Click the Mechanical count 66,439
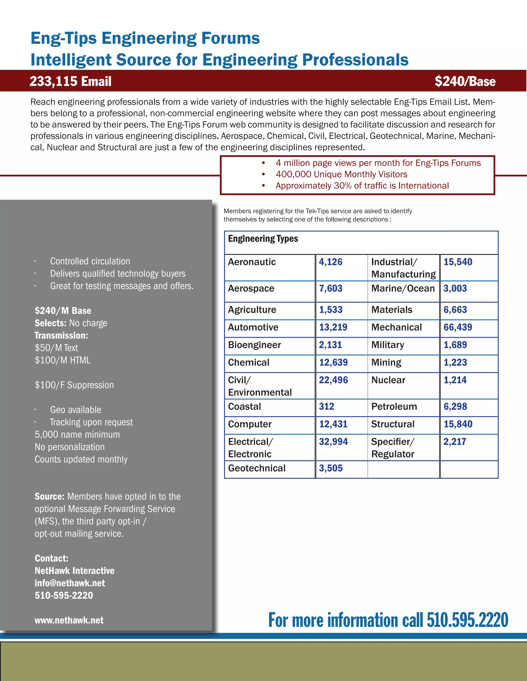click(x=458, y=327)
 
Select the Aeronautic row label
click(x=252, y=262)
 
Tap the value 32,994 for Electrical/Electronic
click(x=333, y=442)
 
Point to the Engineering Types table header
click(x=263, y=239)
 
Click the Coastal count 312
click(x=326, y=407)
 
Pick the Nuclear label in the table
click(x=388, y=380)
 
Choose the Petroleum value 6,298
click(x=455, y=407)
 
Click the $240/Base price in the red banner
click(x=465, y=81)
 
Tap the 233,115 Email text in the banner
click(x=70, y=81)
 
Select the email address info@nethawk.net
click(x=70, y=583)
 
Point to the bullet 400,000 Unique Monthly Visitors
click(x=341, y=174)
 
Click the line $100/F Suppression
click(x=74, y=385)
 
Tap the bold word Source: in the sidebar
click(x=50, y=496)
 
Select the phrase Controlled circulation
click(x=90, y=261)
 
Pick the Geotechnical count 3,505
click(x=331, y=468)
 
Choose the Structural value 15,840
click(x=458, y=424)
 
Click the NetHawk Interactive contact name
click(x=75, y=570)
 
